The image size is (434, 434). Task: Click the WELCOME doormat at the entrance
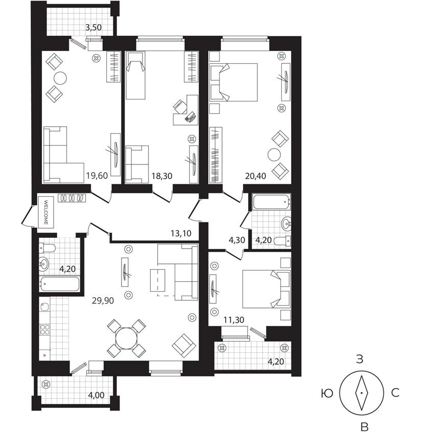[x=46, y=212]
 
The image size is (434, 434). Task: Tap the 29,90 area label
[x=103, y=301]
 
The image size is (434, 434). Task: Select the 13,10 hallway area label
[x=181, y=233]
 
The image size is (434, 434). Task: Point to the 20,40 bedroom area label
[x=255, y=176]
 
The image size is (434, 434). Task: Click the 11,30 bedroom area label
[x=234, y=320]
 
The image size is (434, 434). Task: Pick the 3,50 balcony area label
[x=93, y=28]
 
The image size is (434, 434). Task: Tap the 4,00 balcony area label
[x=96, y=395]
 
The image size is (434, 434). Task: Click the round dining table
[x=127, y=339]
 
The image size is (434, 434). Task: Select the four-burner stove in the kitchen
[x=45, y=330]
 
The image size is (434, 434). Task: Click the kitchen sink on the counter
[x=44, y=307]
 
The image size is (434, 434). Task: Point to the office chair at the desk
[x=180, y=107]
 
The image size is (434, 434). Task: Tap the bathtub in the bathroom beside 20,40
[x=271, y=202]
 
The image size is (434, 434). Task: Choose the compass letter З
[x=359, y=359]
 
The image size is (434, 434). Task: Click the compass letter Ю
[x=327, y=393]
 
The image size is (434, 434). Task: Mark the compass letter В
[x=365, y=427]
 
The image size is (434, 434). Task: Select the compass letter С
[x=395, y=393]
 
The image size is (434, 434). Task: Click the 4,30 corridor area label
[x=236, y=240]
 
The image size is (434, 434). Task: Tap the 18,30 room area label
[x=162, y=176]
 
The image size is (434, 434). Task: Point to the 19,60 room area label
[x=97, y=176]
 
